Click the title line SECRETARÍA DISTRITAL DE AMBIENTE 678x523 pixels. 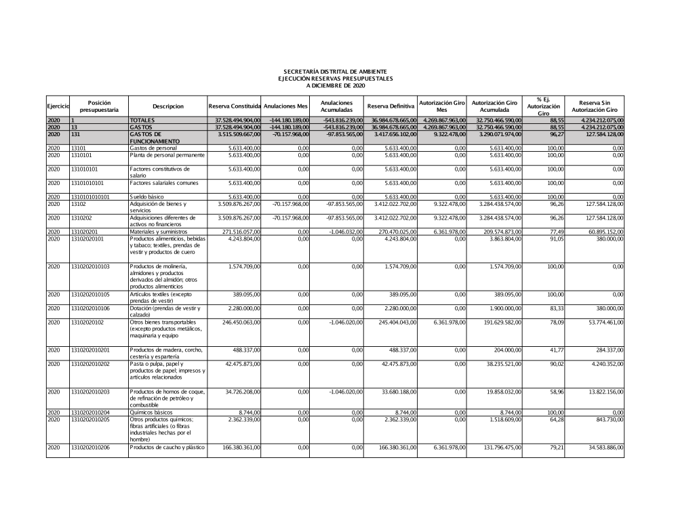click(x=335, y=71)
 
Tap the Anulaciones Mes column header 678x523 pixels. click(x=286, y=106)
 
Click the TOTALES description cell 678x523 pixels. click(x=142, y=120)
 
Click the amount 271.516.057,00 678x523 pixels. click(x=235, y=232)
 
